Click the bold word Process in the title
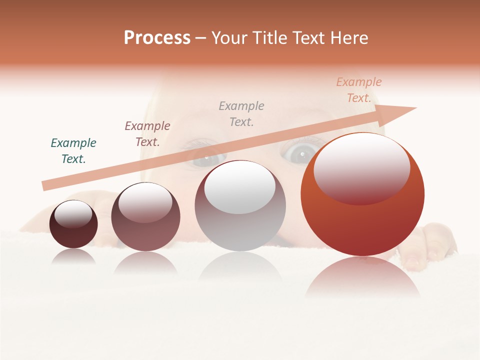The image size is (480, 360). point(157,38)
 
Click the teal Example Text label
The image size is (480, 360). point(73,150)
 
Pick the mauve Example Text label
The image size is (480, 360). point(147,133)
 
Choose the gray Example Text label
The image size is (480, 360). point(241,113)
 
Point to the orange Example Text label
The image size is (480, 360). point(359,90)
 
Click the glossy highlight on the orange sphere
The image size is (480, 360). point(362,167)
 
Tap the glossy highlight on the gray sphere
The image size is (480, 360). point(240,186)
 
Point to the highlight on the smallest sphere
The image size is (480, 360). point(73,214)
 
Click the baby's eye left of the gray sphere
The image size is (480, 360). point(205,154)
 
